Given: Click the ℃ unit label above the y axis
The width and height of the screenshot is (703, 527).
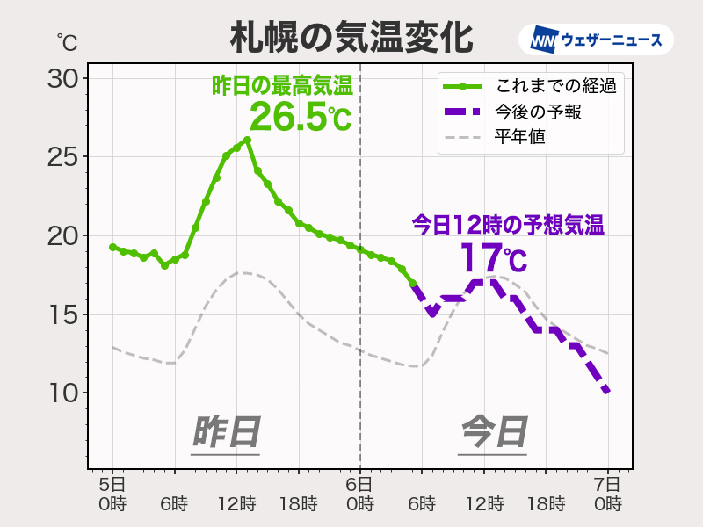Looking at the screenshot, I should (x=66, y=40).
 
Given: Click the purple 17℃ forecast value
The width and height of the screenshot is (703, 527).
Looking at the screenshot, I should (x=493, y=259).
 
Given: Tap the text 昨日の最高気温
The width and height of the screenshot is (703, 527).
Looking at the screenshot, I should (x=281, y=86).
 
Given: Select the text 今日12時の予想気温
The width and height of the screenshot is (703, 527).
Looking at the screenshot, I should (x=508, y=225).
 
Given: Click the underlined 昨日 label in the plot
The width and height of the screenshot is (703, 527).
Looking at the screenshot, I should (x=226, y=433).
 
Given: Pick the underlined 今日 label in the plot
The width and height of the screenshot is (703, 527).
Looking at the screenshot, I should (x=494, y=433).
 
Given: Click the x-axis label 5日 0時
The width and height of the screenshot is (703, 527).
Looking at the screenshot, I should (x=112, y=494).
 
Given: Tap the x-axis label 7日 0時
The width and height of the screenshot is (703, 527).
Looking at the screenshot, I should (x=607, y=494).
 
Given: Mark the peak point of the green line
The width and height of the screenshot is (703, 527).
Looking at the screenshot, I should (x=248, y=140).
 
